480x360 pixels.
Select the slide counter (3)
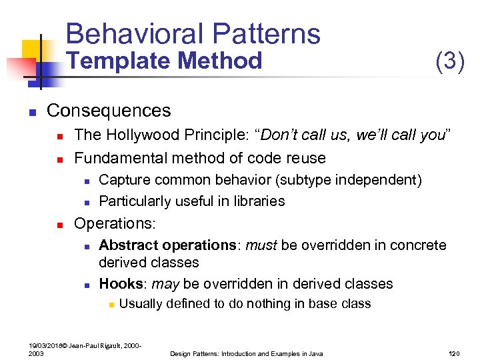[x=449, y=61]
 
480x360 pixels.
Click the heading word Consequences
[x=109, y=110]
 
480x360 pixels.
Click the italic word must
[x=262, y=245]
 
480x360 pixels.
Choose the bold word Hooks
[x=119, y=284]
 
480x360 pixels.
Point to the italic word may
[x=165, y=284]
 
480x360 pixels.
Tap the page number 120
[x=456, y=353]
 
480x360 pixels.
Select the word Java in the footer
[x=314, y=353]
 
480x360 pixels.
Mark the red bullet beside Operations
[x=59, y=224]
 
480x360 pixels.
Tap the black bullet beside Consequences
[x=32, y=111]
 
